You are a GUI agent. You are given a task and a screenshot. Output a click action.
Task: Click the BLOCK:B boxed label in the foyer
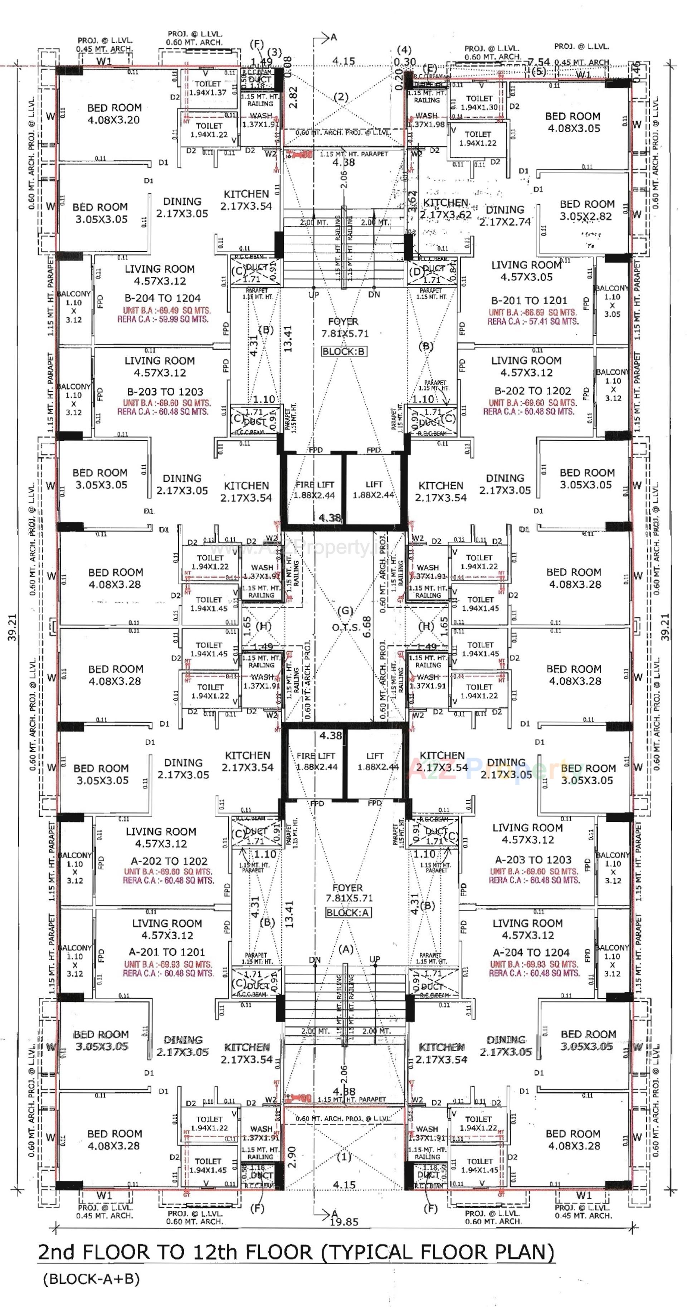[x=344, y=351]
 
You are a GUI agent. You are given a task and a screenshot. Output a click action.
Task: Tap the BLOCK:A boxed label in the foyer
[x=348, y=912]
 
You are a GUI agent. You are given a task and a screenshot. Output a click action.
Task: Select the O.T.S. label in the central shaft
[x=346, y=628]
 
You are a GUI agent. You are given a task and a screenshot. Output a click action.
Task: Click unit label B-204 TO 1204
[x=162, y=298]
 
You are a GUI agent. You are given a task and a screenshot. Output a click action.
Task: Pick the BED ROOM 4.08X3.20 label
[x=114, y=114]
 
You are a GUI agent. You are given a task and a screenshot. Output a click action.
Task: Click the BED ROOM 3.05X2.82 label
[x=586, y=210]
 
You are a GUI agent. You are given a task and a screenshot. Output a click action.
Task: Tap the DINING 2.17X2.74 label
[x=505, y=216]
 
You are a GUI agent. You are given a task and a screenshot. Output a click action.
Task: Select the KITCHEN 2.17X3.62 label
[x=445, y=209]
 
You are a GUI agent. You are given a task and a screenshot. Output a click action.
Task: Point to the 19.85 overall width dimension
[x=344, y=1222]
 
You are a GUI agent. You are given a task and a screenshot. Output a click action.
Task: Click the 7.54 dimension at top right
[x=539, y=62]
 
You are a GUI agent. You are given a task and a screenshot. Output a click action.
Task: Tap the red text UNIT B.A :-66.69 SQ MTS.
[x=533, y=313]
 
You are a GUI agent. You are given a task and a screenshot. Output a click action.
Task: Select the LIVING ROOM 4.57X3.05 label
[x=526, y=271]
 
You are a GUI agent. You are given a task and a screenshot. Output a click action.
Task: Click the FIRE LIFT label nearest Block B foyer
[x=315, y=484]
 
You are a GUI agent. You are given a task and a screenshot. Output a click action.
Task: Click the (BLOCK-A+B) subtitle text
[x=91, y=1279]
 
